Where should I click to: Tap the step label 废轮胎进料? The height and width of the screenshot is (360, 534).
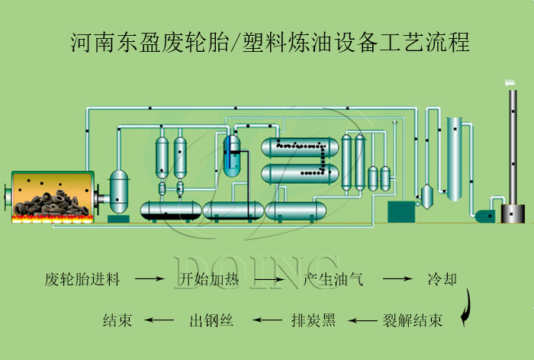[x=82, y=279]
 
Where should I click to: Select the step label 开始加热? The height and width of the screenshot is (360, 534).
[x=208, y=279]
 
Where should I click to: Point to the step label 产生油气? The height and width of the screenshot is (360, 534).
[x=333, y=279]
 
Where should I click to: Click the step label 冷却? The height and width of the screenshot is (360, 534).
[x=442, y=279]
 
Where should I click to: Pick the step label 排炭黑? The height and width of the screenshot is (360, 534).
[x=313, y=320]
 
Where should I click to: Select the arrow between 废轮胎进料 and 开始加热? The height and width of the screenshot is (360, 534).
[x=150, y=280]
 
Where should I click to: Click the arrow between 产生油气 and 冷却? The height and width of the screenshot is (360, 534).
[x=397, y=280]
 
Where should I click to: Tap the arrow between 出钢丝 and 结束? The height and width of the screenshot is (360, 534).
[x=160, y=320]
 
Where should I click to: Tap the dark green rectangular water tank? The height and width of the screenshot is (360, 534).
[x=400, y=211]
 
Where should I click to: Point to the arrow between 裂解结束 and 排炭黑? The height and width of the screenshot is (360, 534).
[x=362, y=320]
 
